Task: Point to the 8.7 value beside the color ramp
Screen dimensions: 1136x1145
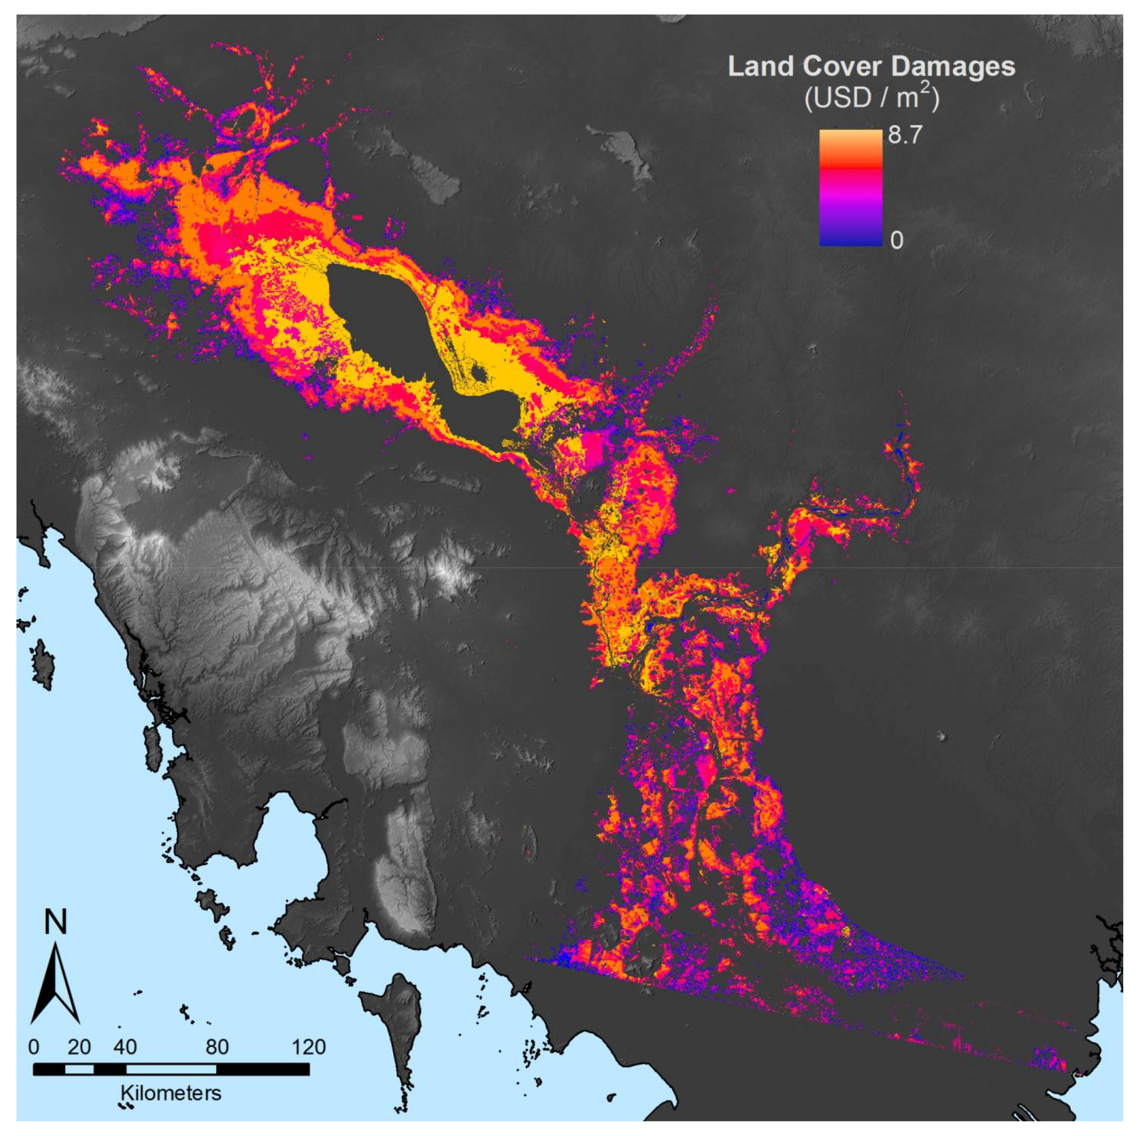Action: pos(905,136)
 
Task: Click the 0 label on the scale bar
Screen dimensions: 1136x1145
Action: pos(34,1047)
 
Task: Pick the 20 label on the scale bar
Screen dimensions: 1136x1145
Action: pos(79,1047)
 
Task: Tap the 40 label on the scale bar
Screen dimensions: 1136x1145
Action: pos(125,1047)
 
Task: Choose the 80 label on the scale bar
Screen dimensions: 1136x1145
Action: pos(217,1047)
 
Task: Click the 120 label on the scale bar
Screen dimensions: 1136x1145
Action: pos(308,1047)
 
